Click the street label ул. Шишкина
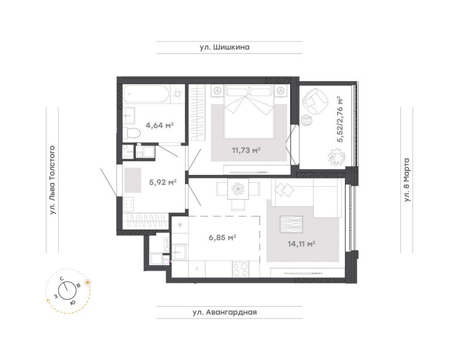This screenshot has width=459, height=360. coord(224,47)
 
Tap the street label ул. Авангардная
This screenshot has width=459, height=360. coord(224,312)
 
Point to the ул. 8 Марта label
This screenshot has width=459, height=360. coord(407,180)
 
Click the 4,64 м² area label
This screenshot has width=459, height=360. coord(160,125)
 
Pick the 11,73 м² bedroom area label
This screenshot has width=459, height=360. coord(246,151)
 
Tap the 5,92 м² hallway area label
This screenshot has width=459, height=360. coord(163,183)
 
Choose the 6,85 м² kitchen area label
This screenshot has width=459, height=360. coord(222,238)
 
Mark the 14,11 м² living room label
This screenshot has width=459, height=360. coord(301,243)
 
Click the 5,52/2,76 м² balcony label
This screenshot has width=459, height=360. coord(340,119)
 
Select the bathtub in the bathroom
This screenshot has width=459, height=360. coord(146,94)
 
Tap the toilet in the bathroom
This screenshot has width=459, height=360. coord(131,133)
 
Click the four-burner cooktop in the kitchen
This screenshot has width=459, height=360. coord(240,269)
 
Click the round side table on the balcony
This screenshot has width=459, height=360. coord(307,120)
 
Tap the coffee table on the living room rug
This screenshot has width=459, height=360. coord(291,225)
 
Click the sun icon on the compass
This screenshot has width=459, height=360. coord(87,282)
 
